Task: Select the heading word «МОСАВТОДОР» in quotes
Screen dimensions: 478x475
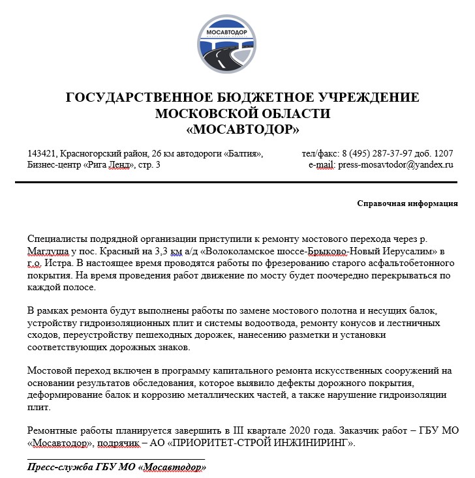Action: point(243,130)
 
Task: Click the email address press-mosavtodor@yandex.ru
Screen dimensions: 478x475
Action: point(395,165)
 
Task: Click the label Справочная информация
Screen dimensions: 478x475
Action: point(407,203)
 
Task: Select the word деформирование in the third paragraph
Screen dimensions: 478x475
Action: point(61,395)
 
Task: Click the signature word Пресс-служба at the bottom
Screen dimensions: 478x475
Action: point(57,468)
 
